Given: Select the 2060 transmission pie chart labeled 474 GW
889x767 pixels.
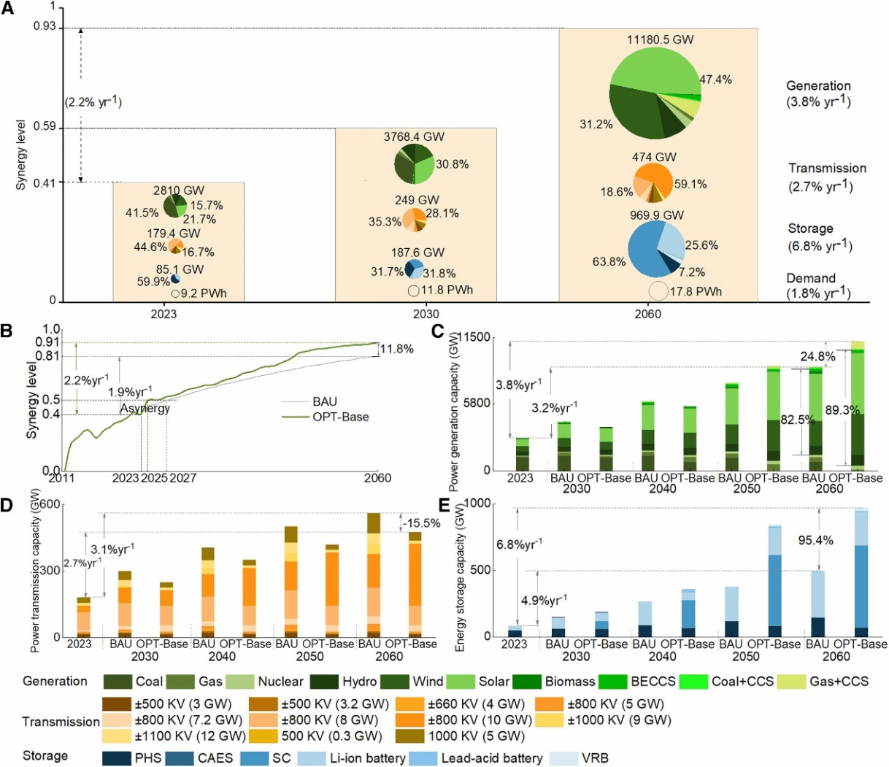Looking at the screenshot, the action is tap(654, 183).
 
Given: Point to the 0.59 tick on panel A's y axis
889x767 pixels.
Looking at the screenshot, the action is tap(45, 128).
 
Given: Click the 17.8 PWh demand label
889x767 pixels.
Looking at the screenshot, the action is tap(696, 292).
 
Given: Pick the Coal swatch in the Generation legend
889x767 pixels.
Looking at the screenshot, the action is tap(117, 682).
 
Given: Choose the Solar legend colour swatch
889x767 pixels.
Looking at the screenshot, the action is tap(461, 682).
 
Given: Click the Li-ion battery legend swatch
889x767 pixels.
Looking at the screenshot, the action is tap(312, 758).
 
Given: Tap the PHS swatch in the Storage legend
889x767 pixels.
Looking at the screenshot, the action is tap(117, 758).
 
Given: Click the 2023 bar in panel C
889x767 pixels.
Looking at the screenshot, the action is tap(522, 454).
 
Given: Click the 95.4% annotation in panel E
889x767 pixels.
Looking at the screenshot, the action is tap(815, 540).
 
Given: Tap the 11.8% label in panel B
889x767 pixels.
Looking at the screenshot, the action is tap(396, 348).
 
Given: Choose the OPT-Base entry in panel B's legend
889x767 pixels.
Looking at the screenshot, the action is tap(326, 417).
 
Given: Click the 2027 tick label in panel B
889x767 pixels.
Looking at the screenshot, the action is tap(182, 478).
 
